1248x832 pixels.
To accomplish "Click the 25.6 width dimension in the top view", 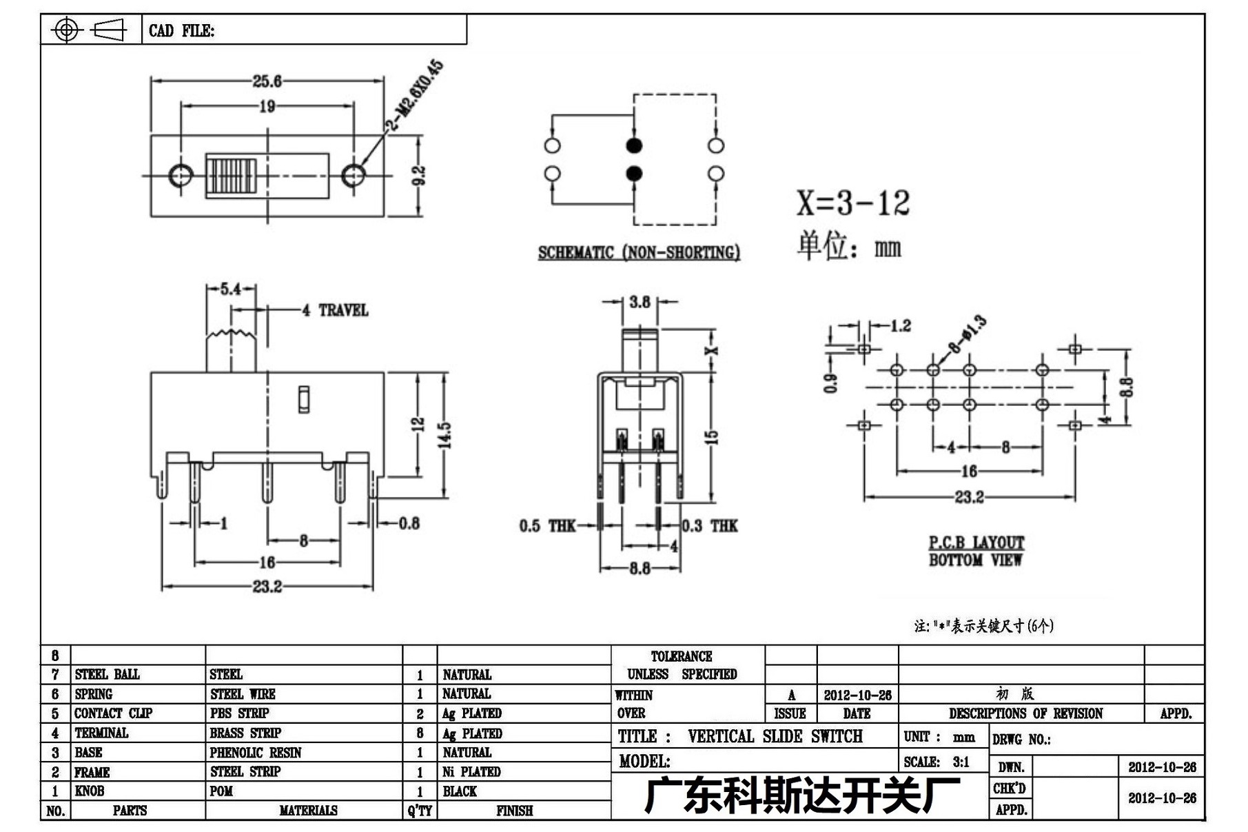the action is coord(267,81).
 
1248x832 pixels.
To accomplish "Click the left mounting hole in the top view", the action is coord(181,175).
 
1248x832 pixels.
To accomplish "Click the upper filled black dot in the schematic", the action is coord(634,145).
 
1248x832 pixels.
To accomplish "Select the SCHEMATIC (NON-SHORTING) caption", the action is coord(639,253).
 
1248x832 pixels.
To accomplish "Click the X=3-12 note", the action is coord(853,203).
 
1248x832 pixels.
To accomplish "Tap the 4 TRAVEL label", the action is coord(335,310).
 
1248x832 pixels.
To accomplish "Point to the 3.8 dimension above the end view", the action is coord(640,302).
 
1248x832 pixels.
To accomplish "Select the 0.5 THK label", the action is coord(547,526).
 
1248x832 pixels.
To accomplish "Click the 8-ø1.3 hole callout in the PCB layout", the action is coord(968,334).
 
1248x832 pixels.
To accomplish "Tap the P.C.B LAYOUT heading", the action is coord(976,542).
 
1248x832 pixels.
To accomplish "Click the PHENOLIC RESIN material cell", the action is coord(256,753).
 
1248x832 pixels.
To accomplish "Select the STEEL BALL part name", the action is coord(107,674).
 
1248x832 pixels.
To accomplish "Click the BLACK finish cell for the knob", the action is coord(460,791).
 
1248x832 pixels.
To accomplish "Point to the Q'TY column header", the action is coord(420,811).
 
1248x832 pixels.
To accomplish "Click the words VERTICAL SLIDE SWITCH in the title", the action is coord(775,736).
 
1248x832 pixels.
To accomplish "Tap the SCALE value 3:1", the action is coord(961,762).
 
